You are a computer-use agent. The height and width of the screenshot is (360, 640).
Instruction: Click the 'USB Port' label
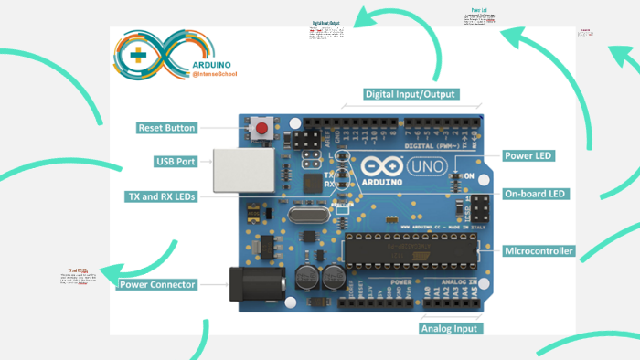(176, 162)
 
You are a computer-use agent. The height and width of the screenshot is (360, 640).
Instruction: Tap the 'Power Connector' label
(158, 285)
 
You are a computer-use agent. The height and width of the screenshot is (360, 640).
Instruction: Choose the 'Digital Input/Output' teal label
(411, 94)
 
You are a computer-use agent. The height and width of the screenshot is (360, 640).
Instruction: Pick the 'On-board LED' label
(537, 194)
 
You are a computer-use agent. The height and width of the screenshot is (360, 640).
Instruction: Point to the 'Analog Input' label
(450, 328)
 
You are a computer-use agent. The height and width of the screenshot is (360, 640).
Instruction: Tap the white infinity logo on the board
(377, 166)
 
